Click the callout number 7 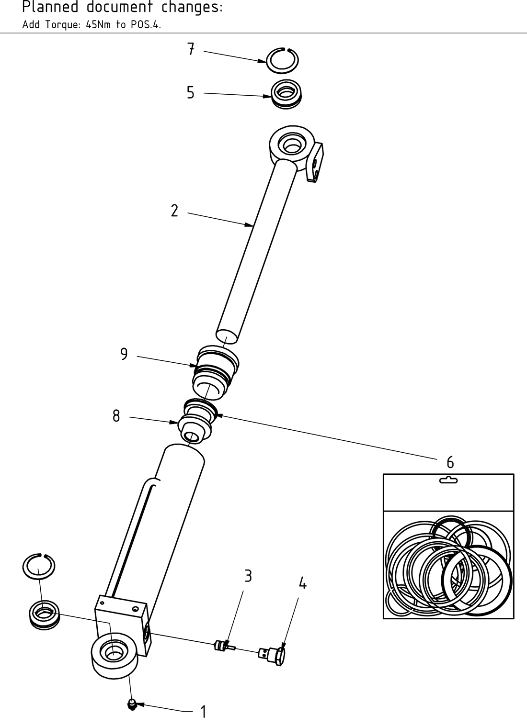point(191,49)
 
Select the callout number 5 point(191,92)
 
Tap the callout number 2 point(174,211)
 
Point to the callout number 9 point(124,354)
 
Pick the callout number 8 point(116,416)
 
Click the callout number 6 point(450,462)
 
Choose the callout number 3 point(248,576)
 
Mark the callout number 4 point(302,583)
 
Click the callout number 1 point(204,712)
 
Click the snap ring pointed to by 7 point(283,61)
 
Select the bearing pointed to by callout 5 point(286,94)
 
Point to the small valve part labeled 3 point(222,646)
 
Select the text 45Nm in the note point(97,25)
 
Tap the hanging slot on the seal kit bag point(448,480)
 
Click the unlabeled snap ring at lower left point(39,567)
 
